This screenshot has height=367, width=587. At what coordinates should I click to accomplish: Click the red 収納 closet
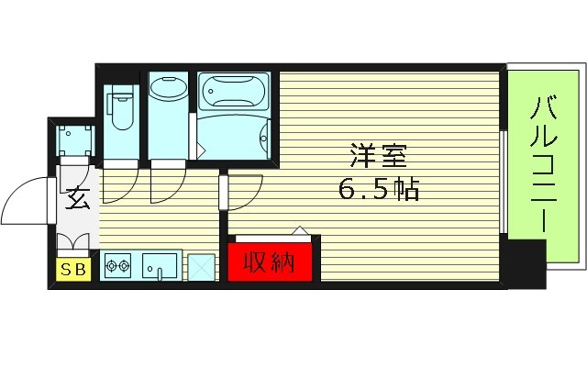(270, 261)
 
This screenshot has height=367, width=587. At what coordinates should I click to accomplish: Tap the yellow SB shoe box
(70, 269)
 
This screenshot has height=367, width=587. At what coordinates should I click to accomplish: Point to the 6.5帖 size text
(379, 190)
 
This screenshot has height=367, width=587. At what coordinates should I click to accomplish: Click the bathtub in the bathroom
(234, 92)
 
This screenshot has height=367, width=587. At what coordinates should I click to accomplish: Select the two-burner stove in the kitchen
(118, 268)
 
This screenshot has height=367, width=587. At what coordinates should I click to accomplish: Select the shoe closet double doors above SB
(73, 243)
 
